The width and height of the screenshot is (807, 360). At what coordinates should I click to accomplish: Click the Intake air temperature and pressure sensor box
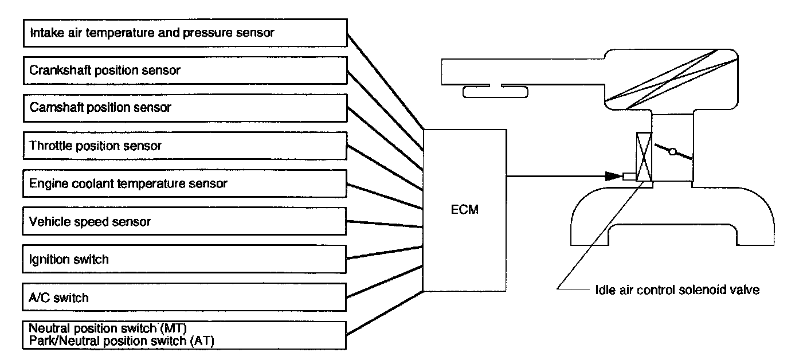click(x=185, y=33)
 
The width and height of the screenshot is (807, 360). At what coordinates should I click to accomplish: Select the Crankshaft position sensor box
click(x=185, y=71)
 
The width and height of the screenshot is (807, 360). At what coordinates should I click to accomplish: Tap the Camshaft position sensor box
click(x=185, y=108)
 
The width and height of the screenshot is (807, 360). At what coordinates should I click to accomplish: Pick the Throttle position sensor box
click(x=185, y=146)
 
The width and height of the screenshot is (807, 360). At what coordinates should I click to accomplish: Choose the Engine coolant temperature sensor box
click(x=185, y=183)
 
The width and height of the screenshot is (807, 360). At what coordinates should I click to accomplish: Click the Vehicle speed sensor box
click(x=185, y=221)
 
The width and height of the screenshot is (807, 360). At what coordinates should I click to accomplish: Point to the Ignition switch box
click(x=185, y=259)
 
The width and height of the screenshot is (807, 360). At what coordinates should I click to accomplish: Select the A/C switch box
click(x=185, y=298)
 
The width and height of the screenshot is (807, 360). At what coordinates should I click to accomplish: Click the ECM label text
click(x=464, y=210)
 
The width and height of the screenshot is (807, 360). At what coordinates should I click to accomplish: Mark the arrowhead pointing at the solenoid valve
click(x=613, y=176)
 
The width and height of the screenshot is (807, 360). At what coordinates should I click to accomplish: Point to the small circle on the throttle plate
click(x=673, y=152)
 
